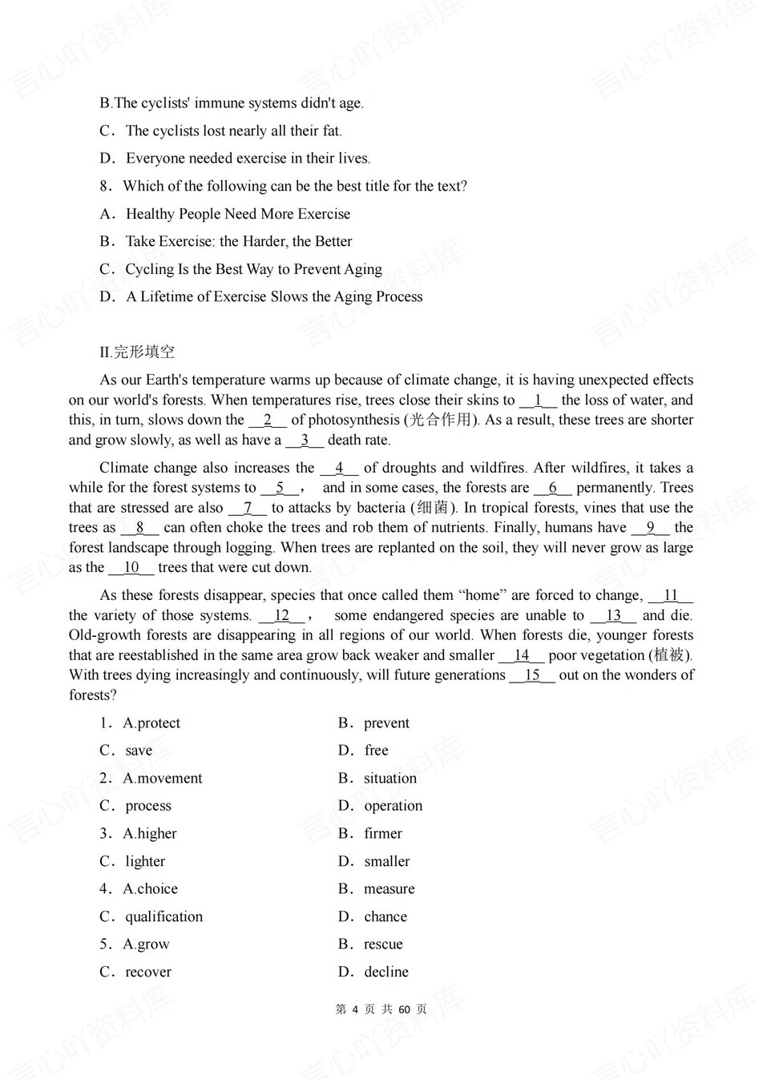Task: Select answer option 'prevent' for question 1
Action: click(x=386, y=723)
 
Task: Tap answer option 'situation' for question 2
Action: click(x=390, y=779)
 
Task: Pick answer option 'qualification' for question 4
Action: click(x=163, y=917)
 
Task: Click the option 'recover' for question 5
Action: click(x=148, y=972)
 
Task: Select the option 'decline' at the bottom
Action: click(x=386, y=972)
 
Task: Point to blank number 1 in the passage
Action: click(x=538, y=401)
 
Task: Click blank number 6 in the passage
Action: click(x=553, y=488)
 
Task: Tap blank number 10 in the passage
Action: click(x=131, y=568)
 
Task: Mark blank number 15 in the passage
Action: click(x=532, y=675)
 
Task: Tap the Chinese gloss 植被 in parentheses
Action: click(x=669, y=655)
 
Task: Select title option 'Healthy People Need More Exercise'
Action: click(x=238, y=214)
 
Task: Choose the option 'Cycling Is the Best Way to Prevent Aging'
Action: click(x=253, y=269)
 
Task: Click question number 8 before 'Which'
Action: click(x=105, y=187)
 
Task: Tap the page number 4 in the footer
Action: click(x=355, y=1009)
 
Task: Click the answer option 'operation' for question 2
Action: click(x=393, y=807)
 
